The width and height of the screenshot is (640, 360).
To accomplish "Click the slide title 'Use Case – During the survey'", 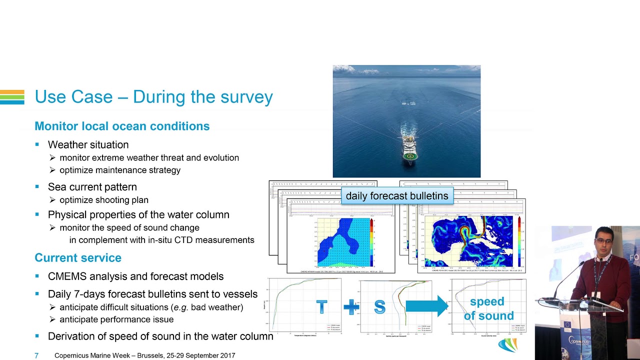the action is click(153, 97).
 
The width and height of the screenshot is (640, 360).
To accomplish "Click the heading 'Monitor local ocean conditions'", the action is click(122, 126).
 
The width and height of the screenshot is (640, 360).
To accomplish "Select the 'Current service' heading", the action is click(78, 258).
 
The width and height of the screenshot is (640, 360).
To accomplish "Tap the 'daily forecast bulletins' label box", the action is click(397, 196).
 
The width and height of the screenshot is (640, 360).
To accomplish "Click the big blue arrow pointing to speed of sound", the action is click(426, 306).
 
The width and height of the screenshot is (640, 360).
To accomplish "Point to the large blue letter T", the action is click(321, 307).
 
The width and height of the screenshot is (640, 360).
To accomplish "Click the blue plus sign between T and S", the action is click(351, 307).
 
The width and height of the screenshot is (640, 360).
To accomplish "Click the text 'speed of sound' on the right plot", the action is click(487, 308).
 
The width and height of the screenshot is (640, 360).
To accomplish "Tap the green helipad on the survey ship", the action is click(410, 156).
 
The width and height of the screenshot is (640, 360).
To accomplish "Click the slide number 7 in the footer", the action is click(36, 355).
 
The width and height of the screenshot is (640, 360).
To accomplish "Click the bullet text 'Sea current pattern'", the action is click(92, 187).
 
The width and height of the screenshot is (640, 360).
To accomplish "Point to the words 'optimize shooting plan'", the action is click(104, 200).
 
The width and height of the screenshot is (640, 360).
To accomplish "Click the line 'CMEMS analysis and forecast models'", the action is click(135, 276).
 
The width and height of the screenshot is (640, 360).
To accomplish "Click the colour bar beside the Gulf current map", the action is click(519, 241).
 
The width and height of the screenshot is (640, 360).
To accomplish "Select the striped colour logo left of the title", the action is click(12, 97).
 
